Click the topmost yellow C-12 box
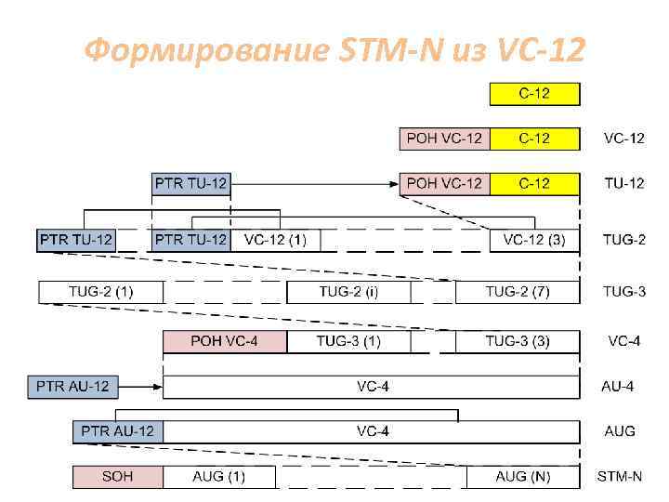click(x=534, y=94)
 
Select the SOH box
click(x=118, y=477)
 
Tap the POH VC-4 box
click(x=225, y=341)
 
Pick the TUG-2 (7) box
click(x=518, y=292)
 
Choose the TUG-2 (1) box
click(x=100, y=292)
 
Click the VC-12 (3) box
click(x=534, y=240)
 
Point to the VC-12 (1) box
click(x=275, y=240)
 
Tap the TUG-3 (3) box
click(x=518, y=341)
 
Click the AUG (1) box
click(x=219, y=477)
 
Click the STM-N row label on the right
click(x=619, y=477)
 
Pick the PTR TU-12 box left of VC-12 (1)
click(x=190, y=240)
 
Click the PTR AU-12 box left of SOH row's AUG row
click(x=118, y=431)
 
